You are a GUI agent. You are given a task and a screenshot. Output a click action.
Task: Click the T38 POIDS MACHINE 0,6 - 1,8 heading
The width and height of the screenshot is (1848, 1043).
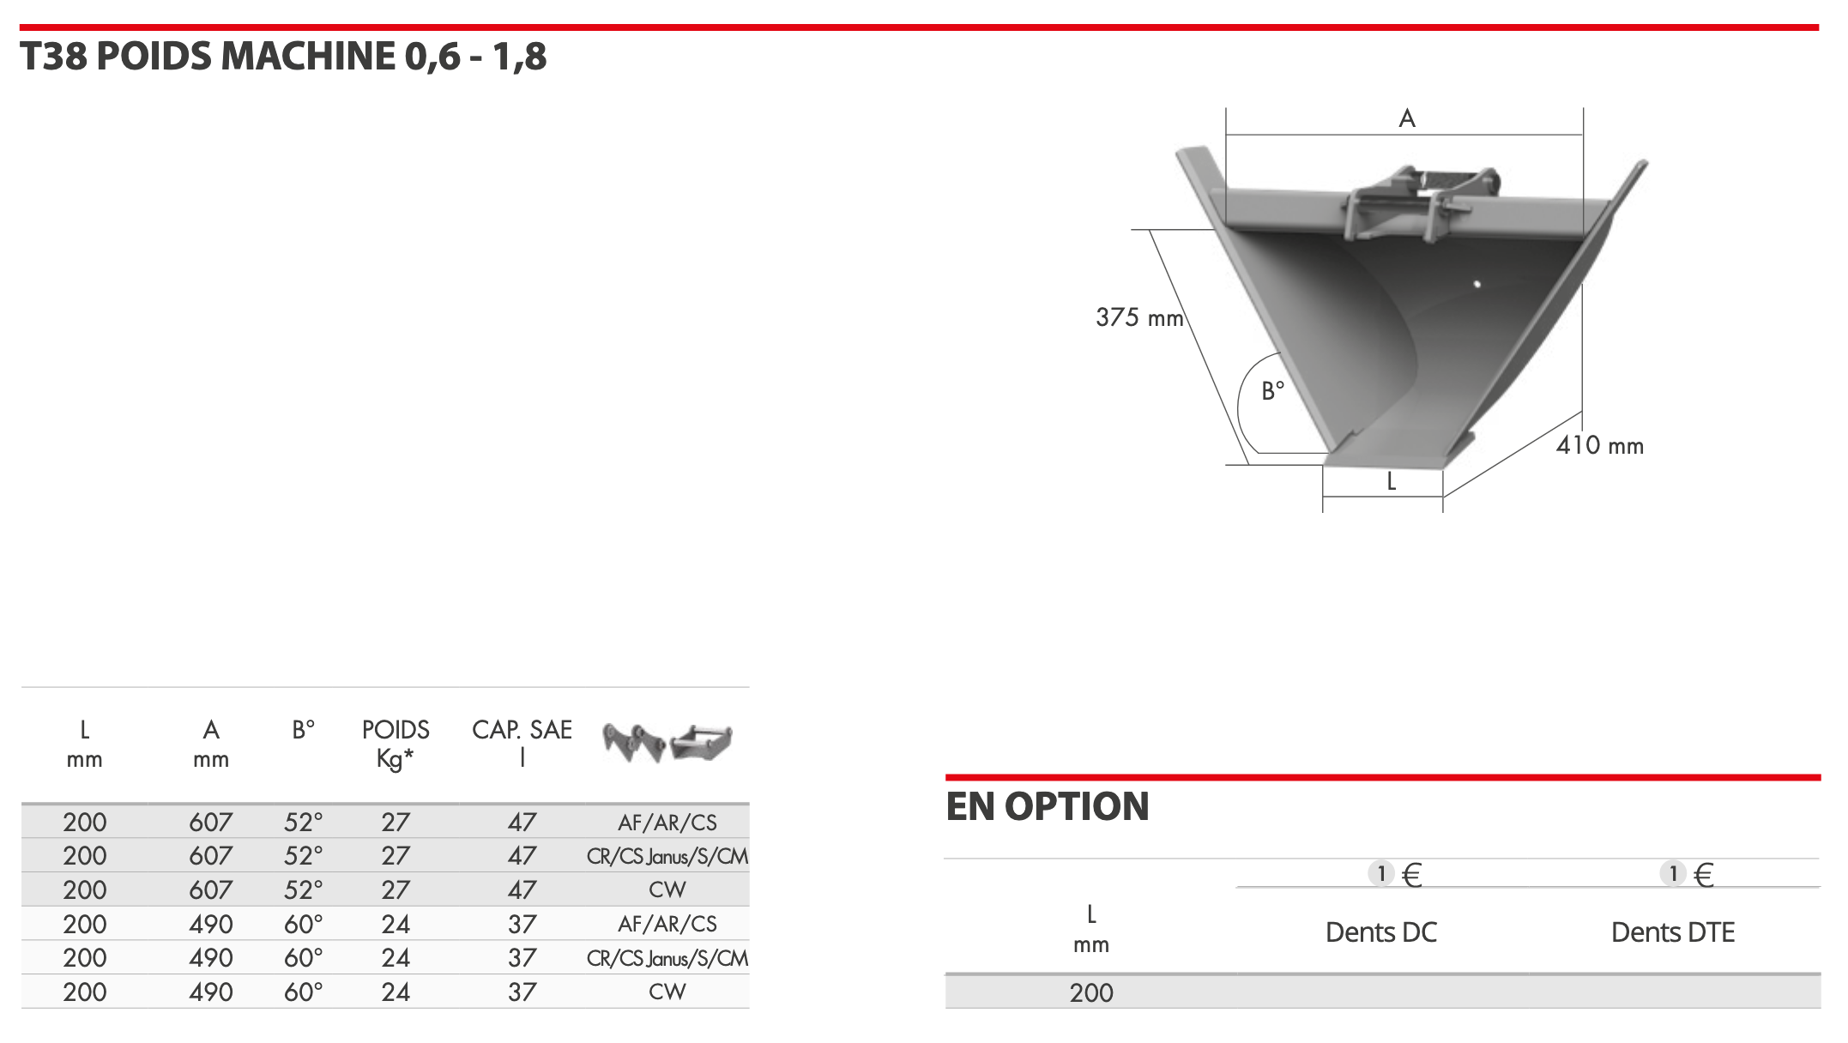click(x=283, y=57)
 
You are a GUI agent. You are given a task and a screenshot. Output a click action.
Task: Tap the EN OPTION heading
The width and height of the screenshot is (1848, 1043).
click(x=1047, y=806)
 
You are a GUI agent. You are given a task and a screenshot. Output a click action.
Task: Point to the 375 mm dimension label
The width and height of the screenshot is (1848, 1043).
click(x=1139, y=317)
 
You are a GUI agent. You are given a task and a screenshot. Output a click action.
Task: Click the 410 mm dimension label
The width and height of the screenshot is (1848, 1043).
click(x=1600, y=445)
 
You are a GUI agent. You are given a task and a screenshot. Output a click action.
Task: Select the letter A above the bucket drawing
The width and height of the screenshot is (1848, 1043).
click(x=1407, y=118)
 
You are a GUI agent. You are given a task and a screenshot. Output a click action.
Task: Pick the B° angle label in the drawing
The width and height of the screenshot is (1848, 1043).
click(x=1273, y=391)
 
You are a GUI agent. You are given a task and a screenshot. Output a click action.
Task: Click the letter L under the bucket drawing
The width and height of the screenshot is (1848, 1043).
click(x=1392, y=482)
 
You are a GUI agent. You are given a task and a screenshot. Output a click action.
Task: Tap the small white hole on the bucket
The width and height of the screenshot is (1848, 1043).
click(x=1477, y=284)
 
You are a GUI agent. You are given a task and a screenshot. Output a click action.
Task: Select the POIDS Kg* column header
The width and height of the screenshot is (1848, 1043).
click(x=396, y=744)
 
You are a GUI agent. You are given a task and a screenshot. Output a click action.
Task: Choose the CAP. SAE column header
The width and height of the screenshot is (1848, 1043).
click(x=522, y=744)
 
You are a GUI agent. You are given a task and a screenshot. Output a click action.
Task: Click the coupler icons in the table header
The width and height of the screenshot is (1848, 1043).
click(x=667, y=743)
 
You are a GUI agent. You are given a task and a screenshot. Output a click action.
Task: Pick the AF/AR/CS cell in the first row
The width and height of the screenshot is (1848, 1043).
click(x=667, y=823)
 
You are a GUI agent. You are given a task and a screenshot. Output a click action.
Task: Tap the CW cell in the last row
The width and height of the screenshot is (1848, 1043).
click(x=667, y=992)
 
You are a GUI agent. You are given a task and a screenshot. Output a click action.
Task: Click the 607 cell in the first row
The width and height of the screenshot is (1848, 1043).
click(x=211, y=823)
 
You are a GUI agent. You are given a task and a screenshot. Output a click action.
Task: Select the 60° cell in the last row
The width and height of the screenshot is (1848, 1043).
click(x=304, y=992)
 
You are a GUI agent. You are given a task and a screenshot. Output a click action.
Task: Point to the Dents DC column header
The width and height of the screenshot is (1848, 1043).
click(x=1381, y=932)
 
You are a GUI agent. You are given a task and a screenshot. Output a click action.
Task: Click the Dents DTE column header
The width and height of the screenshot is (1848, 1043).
click(x=1673, y=932)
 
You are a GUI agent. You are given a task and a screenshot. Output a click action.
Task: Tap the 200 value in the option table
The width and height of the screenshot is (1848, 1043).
click(x=1091, y=992)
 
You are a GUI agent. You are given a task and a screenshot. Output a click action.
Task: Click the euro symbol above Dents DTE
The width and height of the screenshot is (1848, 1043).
click(x=1705, y=875)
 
